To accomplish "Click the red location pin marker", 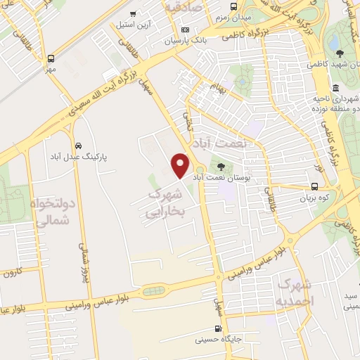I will pos(181,166).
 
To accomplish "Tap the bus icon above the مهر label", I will pos(51,59).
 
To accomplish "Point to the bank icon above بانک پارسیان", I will pos(186,30).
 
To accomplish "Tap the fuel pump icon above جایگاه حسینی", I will pos(217,328).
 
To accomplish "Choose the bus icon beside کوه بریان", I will pos(314,187).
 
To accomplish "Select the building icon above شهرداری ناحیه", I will pos(335,89).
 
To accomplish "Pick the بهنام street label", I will pos(219,87).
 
